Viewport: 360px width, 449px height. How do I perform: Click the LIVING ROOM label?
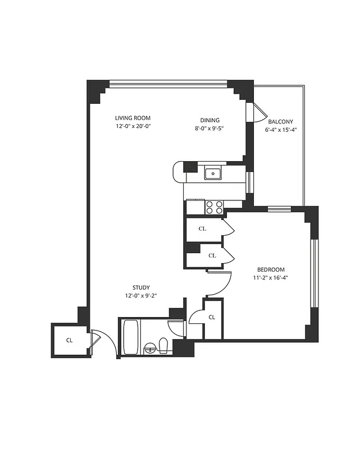click(x=133, y=118)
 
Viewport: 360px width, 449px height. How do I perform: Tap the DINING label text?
click(x=210, y=120)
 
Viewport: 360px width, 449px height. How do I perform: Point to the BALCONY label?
click(x=280, y=122)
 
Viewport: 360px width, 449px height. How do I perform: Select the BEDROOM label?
click(x=271, y=269)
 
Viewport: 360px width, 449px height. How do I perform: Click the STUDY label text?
click(x=141, y=287)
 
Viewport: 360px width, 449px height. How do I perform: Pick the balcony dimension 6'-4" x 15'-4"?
click(x=280, y=130)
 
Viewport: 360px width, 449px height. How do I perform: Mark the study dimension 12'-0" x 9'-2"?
click(x=141, y=296)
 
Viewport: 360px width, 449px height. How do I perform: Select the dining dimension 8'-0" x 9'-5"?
click(x=210, y=128)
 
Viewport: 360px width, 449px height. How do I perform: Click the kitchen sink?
click(x=213, y=173)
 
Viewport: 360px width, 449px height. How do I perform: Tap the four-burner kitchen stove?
click(x=214, y=207)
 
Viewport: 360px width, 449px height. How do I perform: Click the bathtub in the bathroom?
click(x=131, y=337)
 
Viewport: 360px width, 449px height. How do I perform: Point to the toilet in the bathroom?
click(x=163, y=345)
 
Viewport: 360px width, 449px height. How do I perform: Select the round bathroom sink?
click(x=150, y=347)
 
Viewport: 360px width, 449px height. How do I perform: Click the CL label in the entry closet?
click(x=69, y=340)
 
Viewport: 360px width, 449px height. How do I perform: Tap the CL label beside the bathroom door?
click(x=212, y=317)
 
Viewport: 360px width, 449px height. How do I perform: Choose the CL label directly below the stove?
click(x=203, y=228)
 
